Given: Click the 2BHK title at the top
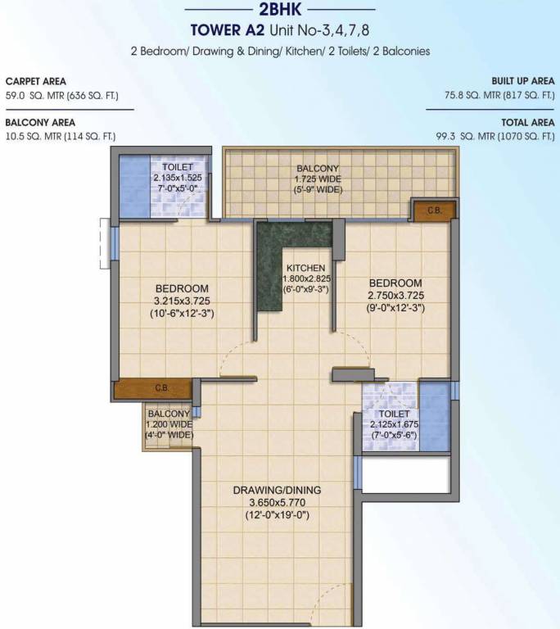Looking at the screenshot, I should [279, 11].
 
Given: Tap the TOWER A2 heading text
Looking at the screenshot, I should [223, 31].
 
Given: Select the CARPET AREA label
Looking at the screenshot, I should [36, 82].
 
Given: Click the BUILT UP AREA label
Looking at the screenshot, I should [523, 82].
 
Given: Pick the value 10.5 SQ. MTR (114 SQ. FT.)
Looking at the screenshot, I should [61, 136].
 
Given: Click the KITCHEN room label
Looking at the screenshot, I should [306, 268].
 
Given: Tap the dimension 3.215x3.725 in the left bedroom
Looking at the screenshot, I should [182, 301].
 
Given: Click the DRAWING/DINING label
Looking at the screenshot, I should [277, 490].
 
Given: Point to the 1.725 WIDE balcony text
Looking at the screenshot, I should [318, 180].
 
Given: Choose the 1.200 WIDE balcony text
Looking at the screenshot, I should [169, 424].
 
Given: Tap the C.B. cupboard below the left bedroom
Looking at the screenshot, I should [161, 388].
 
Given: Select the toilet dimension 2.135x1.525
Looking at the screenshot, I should [177, 177].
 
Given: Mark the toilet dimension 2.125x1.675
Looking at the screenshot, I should [395, 426].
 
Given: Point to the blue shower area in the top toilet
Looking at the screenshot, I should [134, 185].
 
